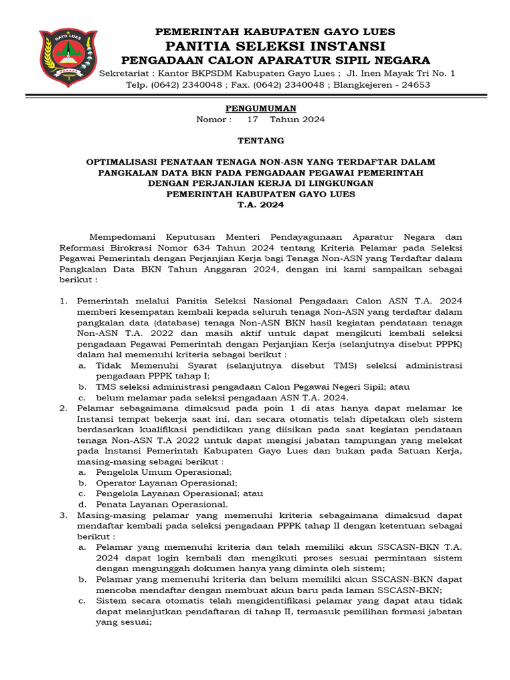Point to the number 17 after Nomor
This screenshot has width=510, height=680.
pyautogui.click(x=252, y=120)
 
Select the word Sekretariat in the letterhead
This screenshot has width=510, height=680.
pyautogui.click(x=123, y=73)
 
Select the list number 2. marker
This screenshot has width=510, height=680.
pyautogui.click(x=63, y=408)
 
